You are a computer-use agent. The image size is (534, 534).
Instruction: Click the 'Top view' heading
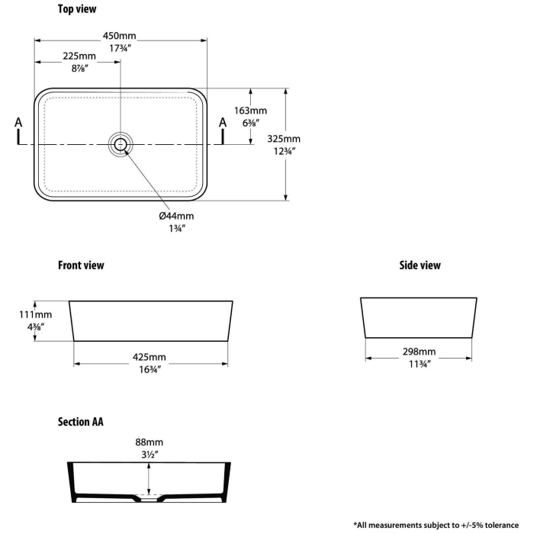coord(77,10)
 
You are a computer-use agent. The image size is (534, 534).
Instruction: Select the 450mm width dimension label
coord(121,36)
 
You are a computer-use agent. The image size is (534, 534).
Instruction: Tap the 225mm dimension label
coord(79,56)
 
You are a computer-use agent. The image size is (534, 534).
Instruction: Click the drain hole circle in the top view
coord(121,143)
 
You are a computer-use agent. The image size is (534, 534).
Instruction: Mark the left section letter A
coord(19,122)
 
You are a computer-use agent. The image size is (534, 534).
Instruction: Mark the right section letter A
coord(223,122)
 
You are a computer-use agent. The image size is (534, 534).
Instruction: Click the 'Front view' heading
coord(81,265)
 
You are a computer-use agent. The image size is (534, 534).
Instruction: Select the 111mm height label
coord(36,314)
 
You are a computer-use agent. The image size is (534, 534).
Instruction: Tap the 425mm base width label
coord(150,357)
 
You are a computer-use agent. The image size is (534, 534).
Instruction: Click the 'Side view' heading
coord(420,265)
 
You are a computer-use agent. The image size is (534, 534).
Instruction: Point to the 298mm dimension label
coord(420,352)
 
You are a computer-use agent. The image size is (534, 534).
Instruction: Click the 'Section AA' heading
coord(81,421)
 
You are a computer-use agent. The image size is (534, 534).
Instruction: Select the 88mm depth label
coord(149,442)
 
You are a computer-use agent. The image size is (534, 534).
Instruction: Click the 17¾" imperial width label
coord(121,47)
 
